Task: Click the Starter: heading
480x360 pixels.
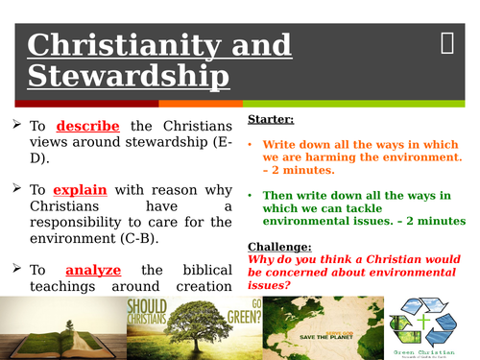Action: click(x=271, y=119)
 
